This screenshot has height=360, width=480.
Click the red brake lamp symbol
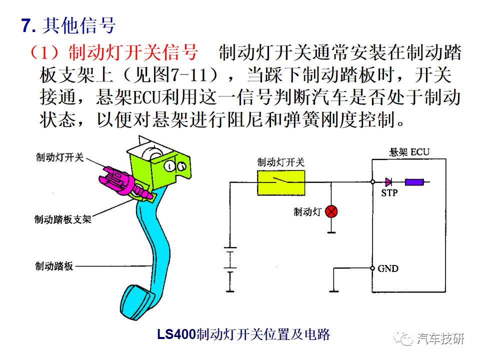pos(331,211)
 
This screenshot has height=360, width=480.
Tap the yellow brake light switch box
pos(281,183)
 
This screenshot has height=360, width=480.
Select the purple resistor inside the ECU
pos(414,182)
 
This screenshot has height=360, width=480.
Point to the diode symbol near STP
pos(388,182)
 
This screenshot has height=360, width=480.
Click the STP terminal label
pos(389,193)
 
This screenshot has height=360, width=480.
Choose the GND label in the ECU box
pos(388,268)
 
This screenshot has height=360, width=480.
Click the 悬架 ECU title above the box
pos(409,152)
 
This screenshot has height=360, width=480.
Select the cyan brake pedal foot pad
pos(136,302)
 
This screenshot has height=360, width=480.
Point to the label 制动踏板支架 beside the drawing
pos(63,219)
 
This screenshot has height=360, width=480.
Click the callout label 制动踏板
pos(54,266)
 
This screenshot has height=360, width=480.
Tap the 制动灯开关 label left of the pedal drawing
pos(60,157)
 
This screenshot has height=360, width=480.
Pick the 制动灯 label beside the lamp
pos(307,211)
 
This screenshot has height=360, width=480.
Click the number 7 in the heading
pos(26,25)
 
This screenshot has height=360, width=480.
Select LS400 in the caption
pos(176,334)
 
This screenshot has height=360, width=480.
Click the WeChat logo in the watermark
pos(403,338)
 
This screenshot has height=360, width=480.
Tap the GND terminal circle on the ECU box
pos(372,268)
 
